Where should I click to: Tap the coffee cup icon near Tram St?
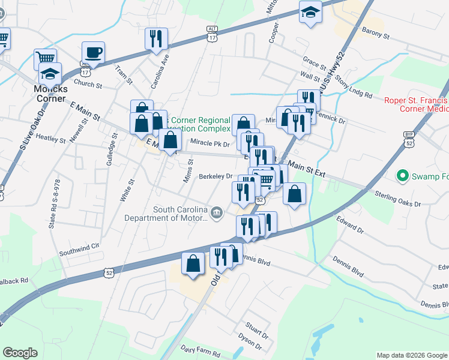(x=93, y=53)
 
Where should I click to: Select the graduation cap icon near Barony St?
(x=310, y=13)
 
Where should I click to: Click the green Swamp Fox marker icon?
(x=402, y=176)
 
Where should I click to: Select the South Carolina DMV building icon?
(x=216, y=211)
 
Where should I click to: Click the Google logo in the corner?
(x=20, y=353)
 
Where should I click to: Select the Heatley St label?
(x=50, y=139)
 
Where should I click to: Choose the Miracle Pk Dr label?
(x=209, y=144)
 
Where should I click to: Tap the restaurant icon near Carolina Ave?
(x=156, y=39)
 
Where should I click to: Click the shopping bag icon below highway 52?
(x=192, y=265)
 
